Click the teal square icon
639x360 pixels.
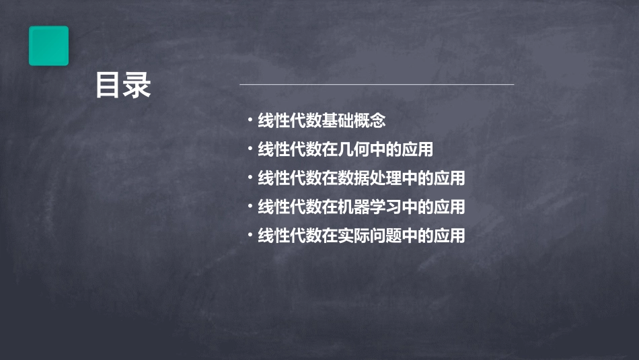[48, 46]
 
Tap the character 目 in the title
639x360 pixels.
[108, 85]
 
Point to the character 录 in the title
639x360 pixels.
[137, 85]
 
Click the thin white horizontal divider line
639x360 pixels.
[377, 84]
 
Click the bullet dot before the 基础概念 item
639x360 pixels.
[250, 121]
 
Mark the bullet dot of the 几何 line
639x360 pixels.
[250, 149]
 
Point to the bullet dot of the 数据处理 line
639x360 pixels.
[250, 178]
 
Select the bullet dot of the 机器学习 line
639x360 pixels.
[250, 207]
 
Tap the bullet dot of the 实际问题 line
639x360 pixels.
[250, 236]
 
